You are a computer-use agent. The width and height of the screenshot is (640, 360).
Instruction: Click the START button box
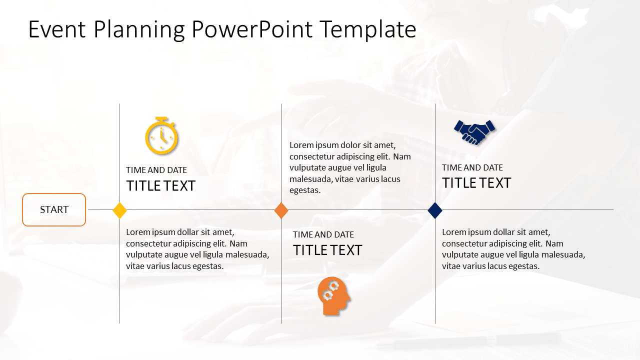click(54, 209)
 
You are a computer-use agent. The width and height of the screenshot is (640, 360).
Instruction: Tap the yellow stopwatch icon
click(161, 135)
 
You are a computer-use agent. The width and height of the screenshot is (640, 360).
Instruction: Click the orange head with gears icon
click(334, 295)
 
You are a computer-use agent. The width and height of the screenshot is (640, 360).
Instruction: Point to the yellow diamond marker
click(119, 210)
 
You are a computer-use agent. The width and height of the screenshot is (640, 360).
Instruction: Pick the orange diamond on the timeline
click(281, 210)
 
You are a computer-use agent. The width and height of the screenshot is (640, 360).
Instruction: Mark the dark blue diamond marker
click(435, 210)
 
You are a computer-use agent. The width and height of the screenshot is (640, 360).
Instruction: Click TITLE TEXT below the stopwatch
click(160, 186)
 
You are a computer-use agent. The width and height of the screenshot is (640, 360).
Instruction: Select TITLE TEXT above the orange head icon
click(327, 250)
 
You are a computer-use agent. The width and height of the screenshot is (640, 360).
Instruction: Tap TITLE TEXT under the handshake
click(476, 183)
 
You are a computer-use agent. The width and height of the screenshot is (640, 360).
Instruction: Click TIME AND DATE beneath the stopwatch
click(156, 170)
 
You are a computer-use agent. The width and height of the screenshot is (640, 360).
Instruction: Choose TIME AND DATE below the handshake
click(472, 167)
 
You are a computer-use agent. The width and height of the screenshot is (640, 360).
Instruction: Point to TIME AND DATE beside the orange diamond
click(323, 234)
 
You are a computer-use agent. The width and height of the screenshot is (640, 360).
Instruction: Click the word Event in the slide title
click(57, 29)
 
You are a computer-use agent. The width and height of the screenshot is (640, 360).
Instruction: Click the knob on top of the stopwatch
click(161, 118)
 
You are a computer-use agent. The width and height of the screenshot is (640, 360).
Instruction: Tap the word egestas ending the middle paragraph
click(305, 190)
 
